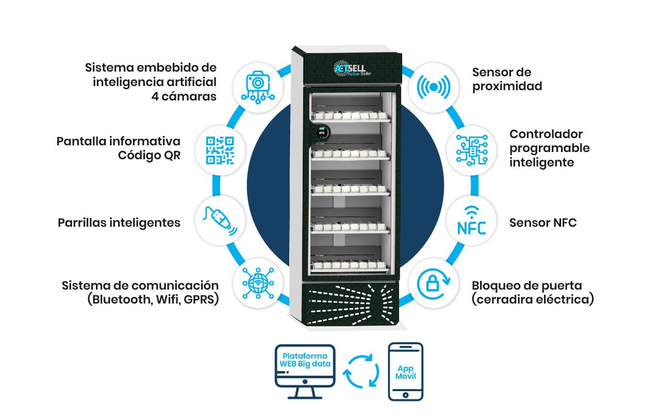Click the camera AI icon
[x=258, y=87]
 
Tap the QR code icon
[x=220, y=150]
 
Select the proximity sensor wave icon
[x=434, y=87]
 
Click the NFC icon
[x=471, y=221]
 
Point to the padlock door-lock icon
[x=434, y=283]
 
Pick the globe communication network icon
[x=258, y=283]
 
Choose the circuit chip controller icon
[x=472, y=150]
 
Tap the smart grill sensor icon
[x=220, y=221]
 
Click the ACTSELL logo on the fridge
[x=352, y=69]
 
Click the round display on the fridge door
[x=321, y=133]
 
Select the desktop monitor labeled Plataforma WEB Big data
[x=305, y=372]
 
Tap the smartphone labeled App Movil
[x=405, y=372]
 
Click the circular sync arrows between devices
[x=361, y=372]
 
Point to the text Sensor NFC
[x=543, y=223]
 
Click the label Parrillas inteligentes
[x=119, y=223]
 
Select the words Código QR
[x=149, y=155]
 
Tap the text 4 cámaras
[x=184, y=96]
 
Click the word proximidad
[x=507, y=86]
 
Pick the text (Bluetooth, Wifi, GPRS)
[x=153, y=299]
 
